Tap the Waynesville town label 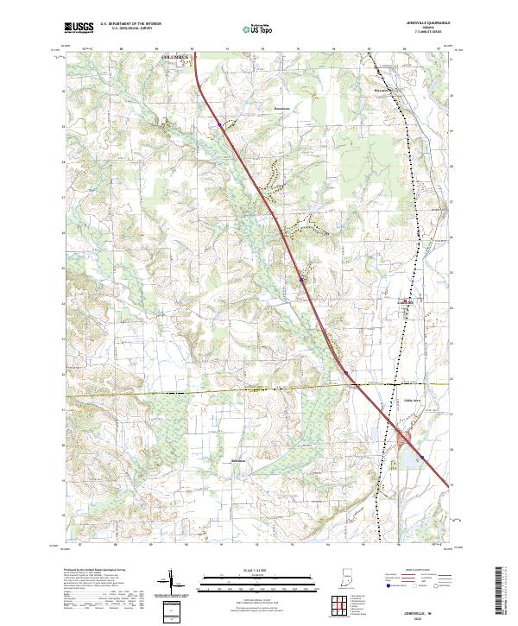(383, 89)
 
